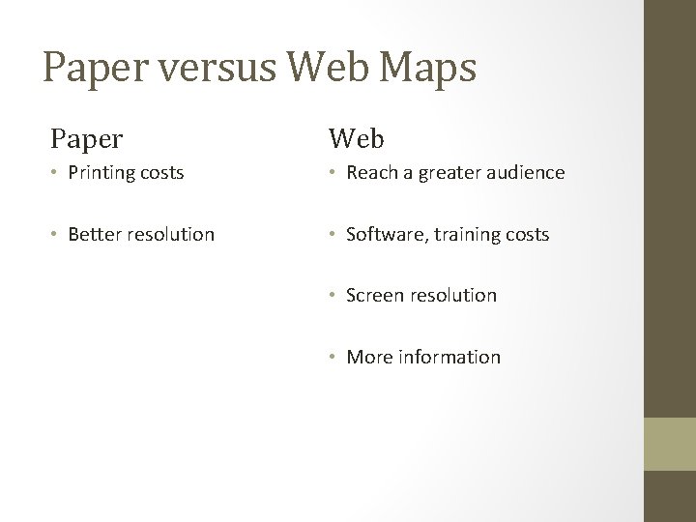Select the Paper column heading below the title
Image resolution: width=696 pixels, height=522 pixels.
coord(87,139)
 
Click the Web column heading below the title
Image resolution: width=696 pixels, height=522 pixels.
coord(356,139)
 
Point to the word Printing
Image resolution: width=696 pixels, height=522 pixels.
coord(101,173)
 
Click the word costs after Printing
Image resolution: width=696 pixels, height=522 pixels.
coord(160,173)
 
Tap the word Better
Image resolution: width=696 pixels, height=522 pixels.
coord(95,234)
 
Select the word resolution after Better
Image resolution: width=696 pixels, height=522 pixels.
coord(170,234)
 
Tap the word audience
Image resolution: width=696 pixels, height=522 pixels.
coord(526,173)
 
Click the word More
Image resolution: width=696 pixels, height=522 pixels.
coord(369,357)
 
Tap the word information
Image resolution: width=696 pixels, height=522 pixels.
coord(449,357)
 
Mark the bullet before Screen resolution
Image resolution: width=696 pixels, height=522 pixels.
coord(333,296)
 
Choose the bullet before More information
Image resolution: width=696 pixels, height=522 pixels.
coord(333,358)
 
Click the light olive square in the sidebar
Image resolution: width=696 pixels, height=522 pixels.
coord(670,443)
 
